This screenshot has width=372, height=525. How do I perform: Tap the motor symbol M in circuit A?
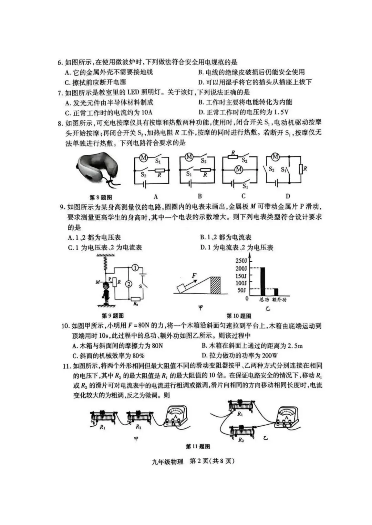coord(144,158)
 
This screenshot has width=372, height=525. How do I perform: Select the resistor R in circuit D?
coord(300,169)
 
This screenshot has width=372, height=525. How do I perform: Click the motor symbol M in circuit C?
coord(239,169)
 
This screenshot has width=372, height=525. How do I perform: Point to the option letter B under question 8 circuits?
coord(200,196)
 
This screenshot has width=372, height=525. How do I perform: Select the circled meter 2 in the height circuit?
coord(128,284)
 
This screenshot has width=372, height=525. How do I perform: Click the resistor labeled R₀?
coord(135,299)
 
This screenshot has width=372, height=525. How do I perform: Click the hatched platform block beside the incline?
coord(215,285)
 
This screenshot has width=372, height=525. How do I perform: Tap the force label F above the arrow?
coord(194,275)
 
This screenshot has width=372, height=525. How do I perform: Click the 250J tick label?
coord(241,261)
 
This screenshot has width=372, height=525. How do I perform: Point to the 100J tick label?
coord(241,283)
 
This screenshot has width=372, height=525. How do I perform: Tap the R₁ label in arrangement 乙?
coord(240,414)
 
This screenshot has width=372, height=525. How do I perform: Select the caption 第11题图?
coord(198,447)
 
